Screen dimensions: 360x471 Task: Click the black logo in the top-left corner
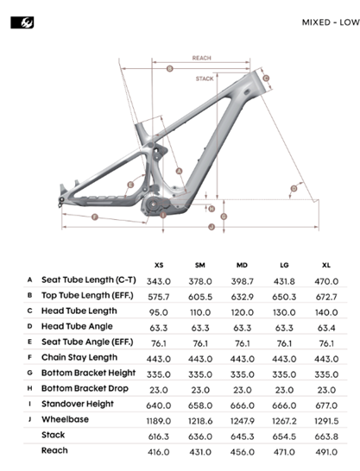pyautogui.click(x=22, y=22)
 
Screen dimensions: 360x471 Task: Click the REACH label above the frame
pyautogui.click(x=202, y=58)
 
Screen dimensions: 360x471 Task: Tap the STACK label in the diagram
pyautogui.click(x=205, y=78)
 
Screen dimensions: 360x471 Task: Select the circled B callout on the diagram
pyautogui.click(x=170, y=69)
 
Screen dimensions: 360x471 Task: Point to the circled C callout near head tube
pyautogui.click(x=266, y=78)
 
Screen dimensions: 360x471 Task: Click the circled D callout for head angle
pyautogui.click(x=294, y=188)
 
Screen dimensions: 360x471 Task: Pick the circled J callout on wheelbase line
pyautogui.click(x=212, y=227)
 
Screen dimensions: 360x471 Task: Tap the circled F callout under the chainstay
pyautogui.click(x=95, y=217)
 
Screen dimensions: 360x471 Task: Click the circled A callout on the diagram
pyautogui.click(x=179, y=171)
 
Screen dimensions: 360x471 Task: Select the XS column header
pyautogui.click(x=159, y=265)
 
